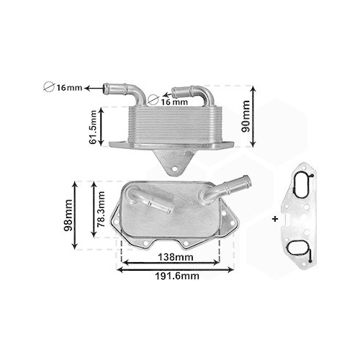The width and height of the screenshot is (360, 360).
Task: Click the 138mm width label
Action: pyautogui.click(x=175, y=257)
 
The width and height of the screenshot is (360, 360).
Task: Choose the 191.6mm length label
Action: pyautogui.click(x=176, y=276)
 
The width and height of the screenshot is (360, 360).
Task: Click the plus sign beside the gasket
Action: pyautogui.click(x=276, y=217)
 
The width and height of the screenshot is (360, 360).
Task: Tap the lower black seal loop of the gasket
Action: pyautogui.click(x=298, y=250)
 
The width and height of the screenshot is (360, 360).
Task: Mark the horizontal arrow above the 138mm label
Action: pyautogui.click(x=175, y=264)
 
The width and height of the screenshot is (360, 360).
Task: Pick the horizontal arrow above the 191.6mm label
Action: pyautogui.click(x=176, y=269)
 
